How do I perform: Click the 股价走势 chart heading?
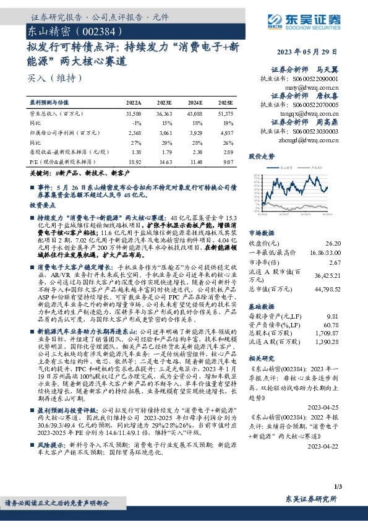(262, 157)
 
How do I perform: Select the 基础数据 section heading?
(262, 305)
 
